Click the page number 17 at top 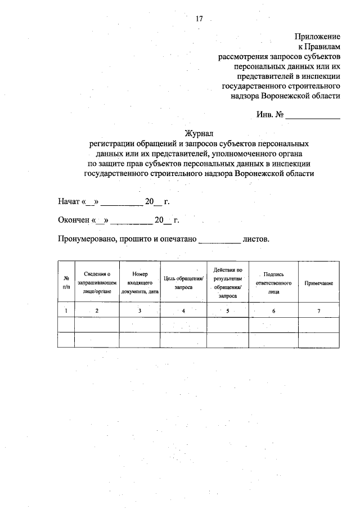(199, 19)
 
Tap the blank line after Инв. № (313, 116)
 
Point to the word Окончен (74, 220)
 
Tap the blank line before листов (219, 240)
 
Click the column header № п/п (66, 282)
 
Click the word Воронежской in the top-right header (287, 96)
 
